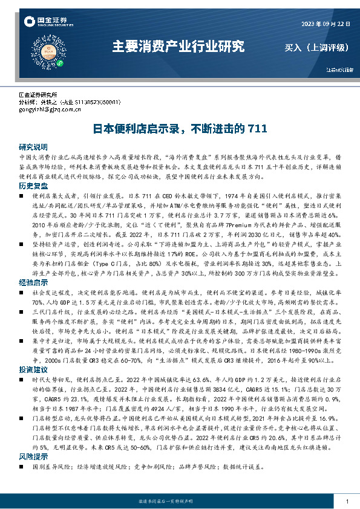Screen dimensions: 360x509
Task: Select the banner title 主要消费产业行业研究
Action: (179, 46)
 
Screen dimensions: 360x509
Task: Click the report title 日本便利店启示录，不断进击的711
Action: (180, 128)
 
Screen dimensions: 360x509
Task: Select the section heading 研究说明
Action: (33, 147)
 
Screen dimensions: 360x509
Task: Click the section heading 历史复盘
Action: (33, 185)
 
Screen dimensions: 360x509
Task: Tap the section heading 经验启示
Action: (33, 282)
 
